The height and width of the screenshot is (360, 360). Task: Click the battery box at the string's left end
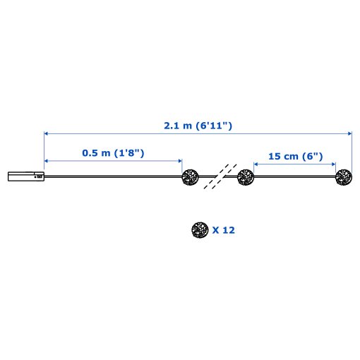click(x=26, y=177)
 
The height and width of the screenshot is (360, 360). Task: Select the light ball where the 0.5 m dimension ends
click(x=190, y=177)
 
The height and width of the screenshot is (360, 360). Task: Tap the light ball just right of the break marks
click(x=245, y=177)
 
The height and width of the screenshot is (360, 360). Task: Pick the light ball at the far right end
click(x=344, y=177)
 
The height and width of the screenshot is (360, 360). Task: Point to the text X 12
click(x=223, y=229)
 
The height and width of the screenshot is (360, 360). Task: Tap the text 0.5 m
click(x=95, y=153)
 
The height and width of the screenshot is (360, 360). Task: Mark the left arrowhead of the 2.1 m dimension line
click(x=47, y=133)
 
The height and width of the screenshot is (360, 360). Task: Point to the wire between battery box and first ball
click(x=113, y=177)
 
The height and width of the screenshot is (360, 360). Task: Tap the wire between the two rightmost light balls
click(x=294, y=178)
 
